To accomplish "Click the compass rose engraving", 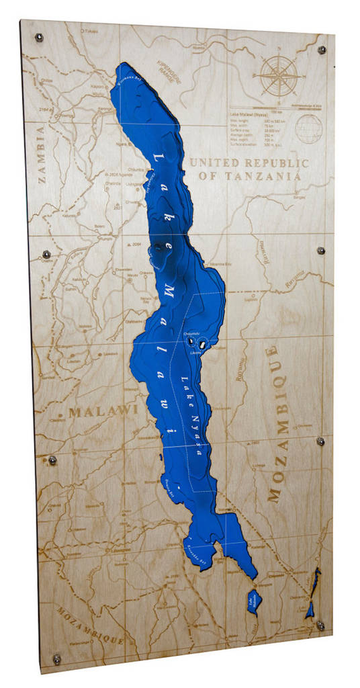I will pyautogui.click(x=281, y=76).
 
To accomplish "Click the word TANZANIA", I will pyautogui.click(x=265, y=176).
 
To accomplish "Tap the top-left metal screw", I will pyautogui.click(x=40, y=36).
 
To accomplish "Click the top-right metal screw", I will pyautogui.click(x=321, y=50).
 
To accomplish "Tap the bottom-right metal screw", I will pyautogui.click(x=320, y=626).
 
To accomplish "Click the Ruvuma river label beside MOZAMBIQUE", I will pyautogui.click(x=239, y=365).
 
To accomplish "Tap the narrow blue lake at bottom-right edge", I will pyautogui.click(x=312, y=595).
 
